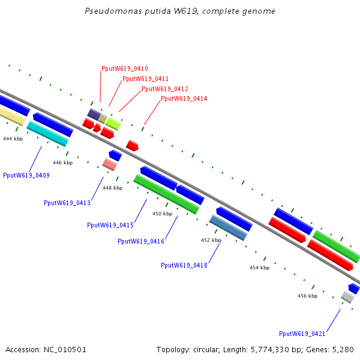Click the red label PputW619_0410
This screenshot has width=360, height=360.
pyautogui.click(x=125, y=69)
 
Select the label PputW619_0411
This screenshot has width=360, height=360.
pyautogui.click(x=145, y=79)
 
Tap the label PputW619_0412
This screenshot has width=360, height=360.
pyautogui.click(x=165, y=89)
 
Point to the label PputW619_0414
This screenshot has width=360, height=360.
pyautogui.click(x=184, y=98)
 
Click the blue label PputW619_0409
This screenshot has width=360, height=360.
pyautogui.click(x=26, y=175)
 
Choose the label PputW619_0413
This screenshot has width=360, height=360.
pyautogui.click(x=67, y=203)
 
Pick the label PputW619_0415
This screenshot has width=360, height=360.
pyautogui.click(x=110, y=225)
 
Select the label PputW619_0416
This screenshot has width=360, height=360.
pyautogui.click(x=141, y=241)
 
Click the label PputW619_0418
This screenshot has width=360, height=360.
pyautogui.click(x=184, y=265)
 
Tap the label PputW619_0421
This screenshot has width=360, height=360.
pyautogui.click(x=302, y=334)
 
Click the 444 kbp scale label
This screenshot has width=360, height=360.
pyautogui.click(x=13, y=139)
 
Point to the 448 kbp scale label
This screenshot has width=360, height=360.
pyautogui.click(x=112, y=188)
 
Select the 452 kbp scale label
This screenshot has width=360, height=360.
pyautogui.click(x=211, y=240)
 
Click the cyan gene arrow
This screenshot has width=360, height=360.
pyautogui.click(x=47, y=133)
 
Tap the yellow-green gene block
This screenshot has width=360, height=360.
pyautogui.click(x=113, y=124)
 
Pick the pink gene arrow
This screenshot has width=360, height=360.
pyautogui.click(x=109, y=164)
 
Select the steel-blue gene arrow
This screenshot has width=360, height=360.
pyautogui.click(x=228, y=227)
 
